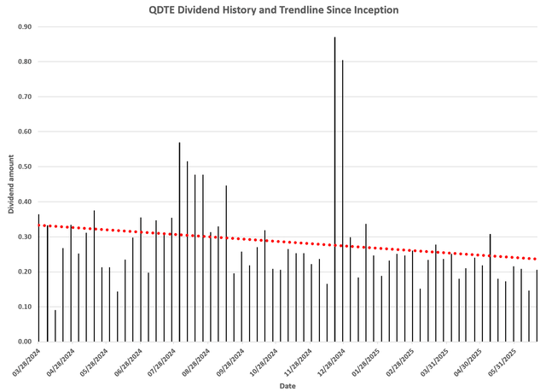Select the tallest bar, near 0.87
click(x=334, y=188)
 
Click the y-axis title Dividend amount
click(x=11, y=184)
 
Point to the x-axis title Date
click(x=287, y=386)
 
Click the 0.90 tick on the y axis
click(x=24, y=26)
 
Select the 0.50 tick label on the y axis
click(x=24, y=167)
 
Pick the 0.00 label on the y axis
click(x=24, y=342)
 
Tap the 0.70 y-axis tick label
click(x=24, y=97)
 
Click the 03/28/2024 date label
click(x=26, y=359)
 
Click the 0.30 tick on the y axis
click(x=24, y=237)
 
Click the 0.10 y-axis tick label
click(x=24, y=307)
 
